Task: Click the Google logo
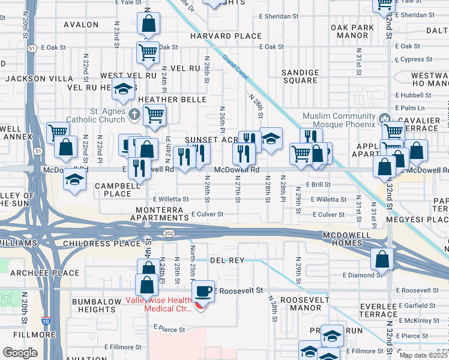tap(20, 352)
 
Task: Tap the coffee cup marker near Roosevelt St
tap(203, 291)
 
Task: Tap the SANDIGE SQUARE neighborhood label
tap(300, 76)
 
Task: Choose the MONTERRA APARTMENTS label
tap(156, 214)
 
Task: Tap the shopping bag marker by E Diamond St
tap(382, 259)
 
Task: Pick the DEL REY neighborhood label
tap(228, 260)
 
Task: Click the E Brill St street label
tap(318, 185)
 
